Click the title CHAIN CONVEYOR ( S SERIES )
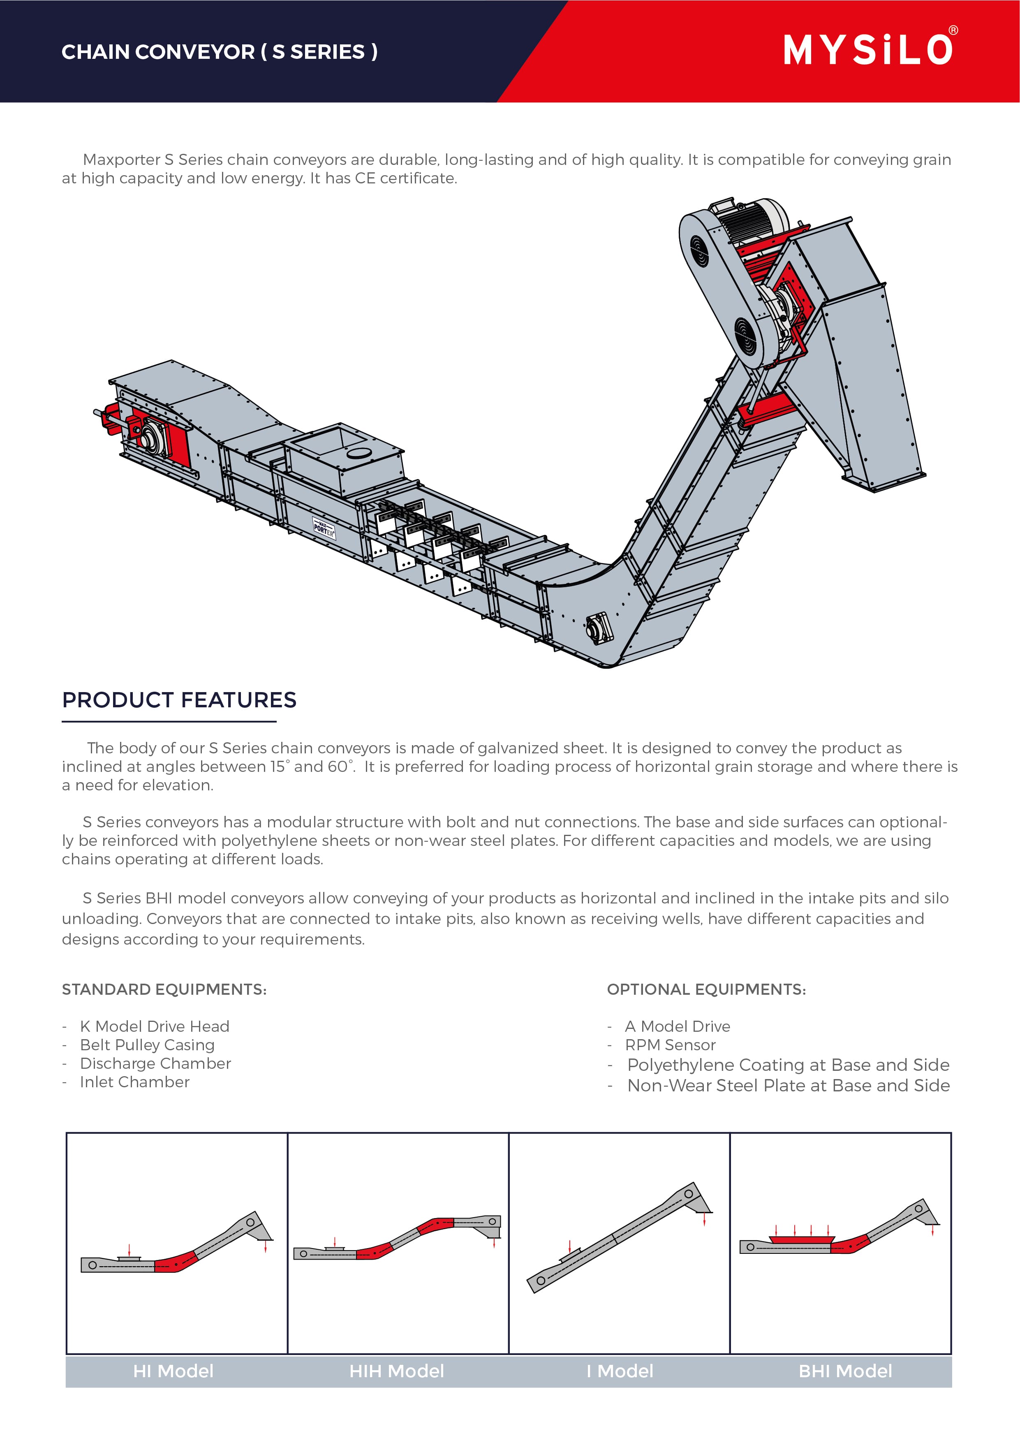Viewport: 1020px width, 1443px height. click(x=219, y=51)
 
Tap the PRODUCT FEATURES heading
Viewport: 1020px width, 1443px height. click(x=179, y=699)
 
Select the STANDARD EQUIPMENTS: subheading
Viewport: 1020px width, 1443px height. click(x=164, y=989)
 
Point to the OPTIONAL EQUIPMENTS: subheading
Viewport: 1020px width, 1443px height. click(x=706, y=989)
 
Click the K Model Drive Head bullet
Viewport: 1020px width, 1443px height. click(x=155, y=1026)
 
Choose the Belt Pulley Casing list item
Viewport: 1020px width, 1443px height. click(x=147, y=1045)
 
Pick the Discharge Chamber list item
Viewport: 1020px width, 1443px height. click(x=155, y=1063)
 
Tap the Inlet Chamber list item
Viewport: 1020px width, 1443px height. click(x=134, y=1082)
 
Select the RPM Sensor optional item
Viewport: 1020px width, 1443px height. click(x=670, y=1045)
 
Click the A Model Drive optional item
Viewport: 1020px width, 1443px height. click(x=678, y=1026)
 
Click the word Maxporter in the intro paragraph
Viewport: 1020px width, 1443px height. click(x=121, y=160)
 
